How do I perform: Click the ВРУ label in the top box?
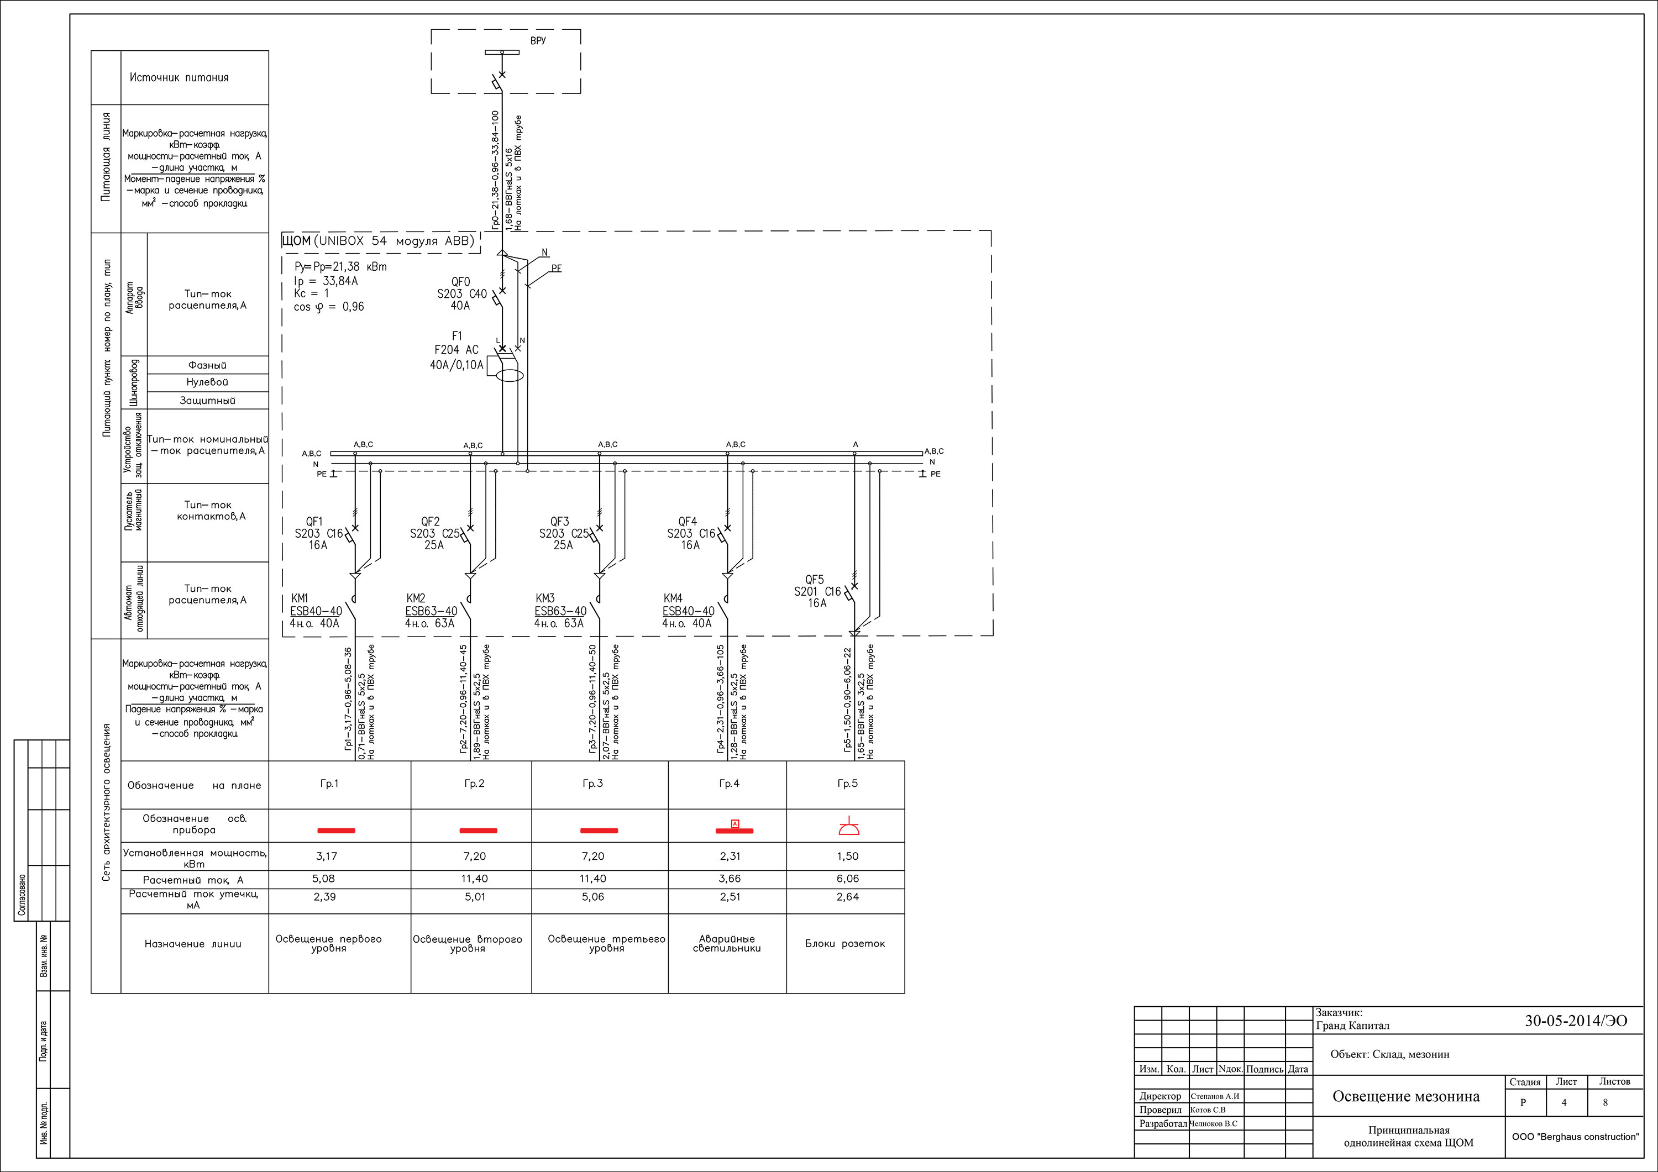point(538,40)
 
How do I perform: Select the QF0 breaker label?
point(461,282)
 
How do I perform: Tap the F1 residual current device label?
point(457,336)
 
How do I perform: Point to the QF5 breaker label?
point(814,579)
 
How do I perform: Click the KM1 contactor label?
point(300,598)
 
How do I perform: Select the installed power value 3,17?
point(327,856)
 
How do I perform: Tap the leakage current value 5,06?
point(593,897)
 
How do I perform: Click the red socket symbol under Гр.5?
point(848,828)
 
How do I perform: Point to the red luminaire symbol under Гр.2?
point(478,831)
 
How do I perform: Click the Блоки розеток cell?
point(845,944)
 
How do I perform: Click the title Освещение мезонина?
point(1406,1097)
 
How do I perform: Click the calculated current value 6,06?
point(848,879)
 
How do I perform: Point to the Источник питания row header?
point(179,77)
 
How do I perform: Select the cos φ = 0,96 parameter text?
point(329,307)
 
